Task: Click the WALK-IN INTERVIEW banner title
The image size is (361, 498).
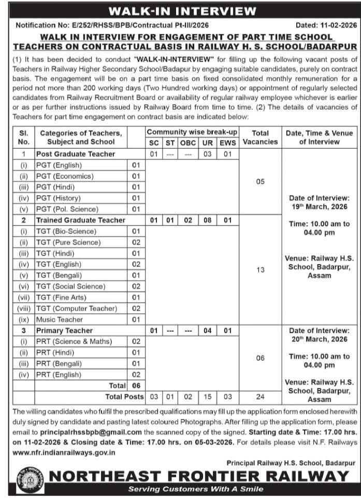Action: [x=180, y=11]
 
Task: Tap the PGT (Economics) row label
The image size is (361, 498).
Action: [x=65, y=176]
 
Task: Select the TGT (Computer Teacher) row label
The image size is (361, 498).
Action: [x=77, y=308]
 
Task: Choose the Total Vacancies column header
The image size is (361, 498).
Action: [x=261, y=137]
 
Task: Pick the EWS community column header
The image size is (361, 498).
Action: [x=227, y=143]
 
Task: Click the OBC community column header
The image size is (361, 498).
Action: [x=188, y=143]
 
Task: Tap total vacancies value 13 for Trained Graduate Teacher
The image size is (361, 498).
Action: [x=261, y=270]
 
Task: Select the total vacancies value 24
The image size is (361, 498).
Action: [x=261, y=396]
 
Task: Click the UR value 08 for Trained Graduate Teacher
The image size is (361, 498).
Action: [x=207, y=220]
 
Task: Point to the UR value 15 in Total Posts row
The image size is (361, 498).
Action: [x=207, y=396]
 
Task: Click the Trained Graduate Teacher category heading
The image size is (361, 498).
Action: [x=81, y=220]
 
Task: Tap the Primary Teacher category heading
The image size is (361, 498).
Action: [x=64, y=331]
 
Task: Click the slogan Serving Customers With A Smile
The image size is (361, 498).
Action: [x=196, y=489]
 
